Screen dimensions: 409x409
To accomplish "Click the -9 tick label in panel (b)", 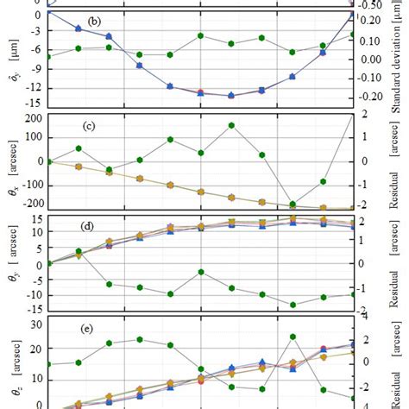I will pos(35,70).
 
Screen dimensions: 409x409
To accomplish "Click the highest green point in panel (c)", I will pos(232,125).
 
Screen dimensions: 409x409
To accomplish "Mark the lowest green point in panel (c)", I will pos(293,204).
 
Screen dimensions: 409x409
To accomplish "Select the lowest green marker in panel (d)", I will pos(293,305).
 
